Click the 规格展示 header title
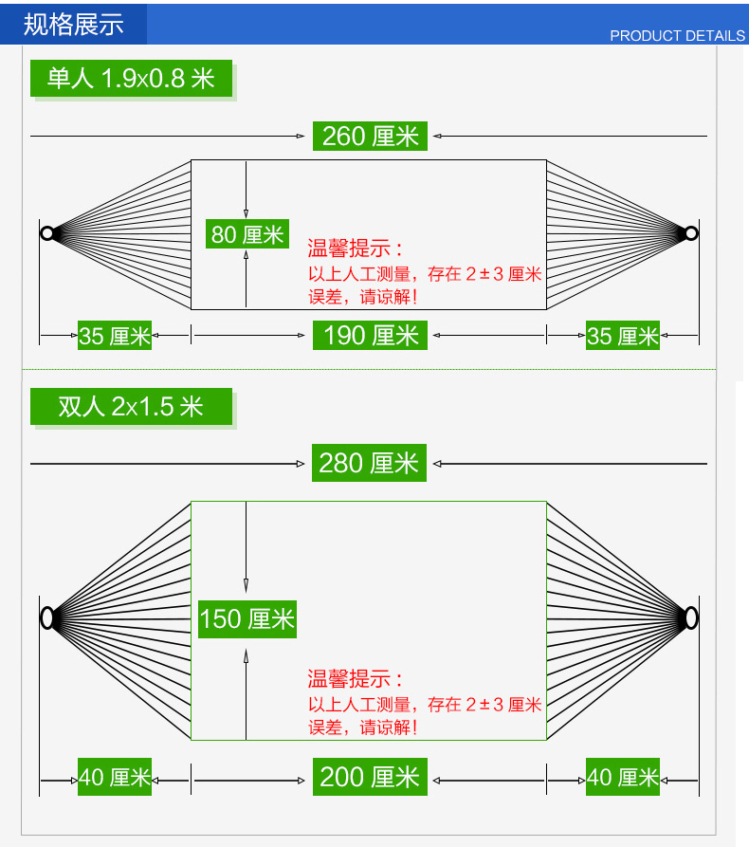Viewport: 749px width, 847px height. click(74, 24)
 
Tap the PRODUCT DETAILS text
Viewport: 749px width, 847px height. click(677, 36)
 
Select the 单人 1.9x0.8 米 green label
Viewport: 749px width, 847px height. click(132, 78)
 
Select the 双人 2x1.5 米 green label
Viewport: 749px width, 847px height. click(131, 406)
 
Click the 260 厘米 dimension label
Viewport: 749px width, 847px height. click(370, 137)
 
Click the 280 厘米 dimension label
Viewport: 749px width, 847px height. click(369, 463)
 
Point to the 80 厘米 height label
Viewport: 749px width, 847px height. click(247, 234)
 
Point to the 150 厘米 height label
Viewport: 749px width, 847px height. click(247, 619)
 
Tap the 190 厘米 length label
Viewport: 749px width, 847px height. click(370, 335)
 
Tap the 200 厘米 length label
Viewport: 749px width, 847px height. click(370, 777)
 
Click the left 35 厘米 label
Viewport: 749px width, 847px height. click(115, 336)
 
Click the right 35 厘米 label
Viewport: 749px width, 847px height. click(623, 336)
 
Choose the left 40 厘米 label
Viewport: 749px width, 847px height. click(115, 777)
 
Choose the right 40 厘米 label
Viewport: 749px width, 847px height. click(623, 777)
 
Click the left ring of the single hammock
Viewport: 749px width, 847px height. click(46, 232)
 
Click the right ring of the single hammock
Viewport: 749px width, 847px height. click(692, 232)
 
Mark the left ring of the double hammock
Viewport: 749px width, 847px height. click(46, 618)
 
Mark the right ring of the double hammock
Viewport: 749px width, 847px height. click(691, 618)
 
